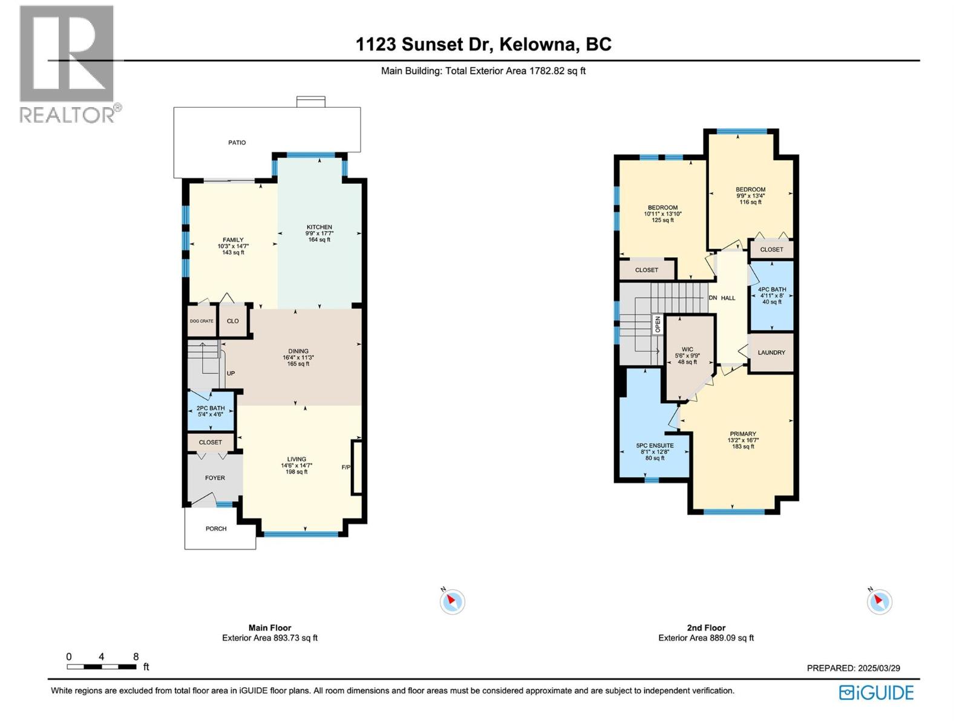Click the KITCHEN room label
tap(319, 227)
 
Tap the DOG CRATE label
tap(201, 321)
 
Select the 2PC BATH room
tap(211, 411)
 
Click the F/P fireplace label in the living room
tap(346, 467)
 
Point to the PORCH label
tap(216, 529)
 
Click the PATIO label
tap(237, 143)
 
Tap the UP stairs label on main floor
tap(231, 374)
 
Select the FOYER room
tap(215, 478)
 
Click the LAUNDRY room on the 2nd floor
tap(771, 353)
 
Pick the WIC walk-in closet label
tap(687, 350)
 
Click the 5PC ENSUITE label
tap(655, 446)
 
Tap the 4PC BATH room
tap(772, 295)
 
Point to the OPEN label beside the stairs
tap(658, 324)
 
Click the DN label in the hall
tap(713, 298)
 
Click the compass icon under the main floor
tap(452, 601)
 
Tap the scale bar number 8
tap(136, 657)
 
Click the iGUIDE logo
tap(876, 693)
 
